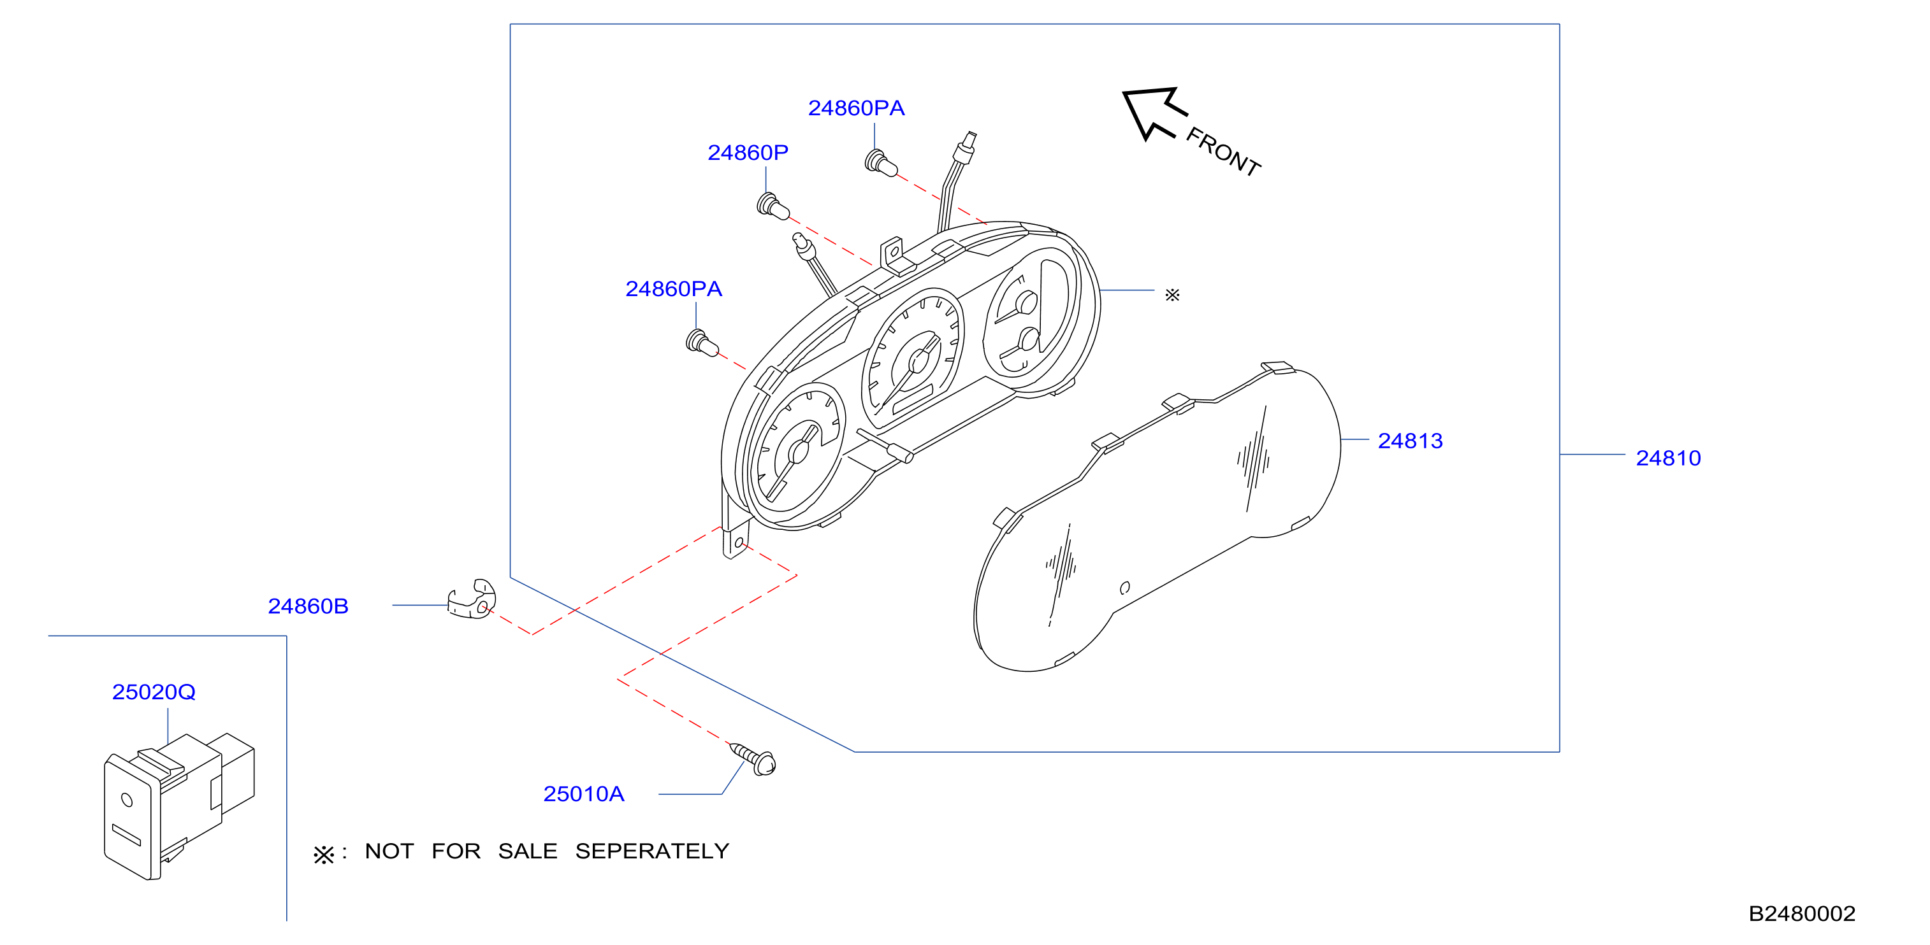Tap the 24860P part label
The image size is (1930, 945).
tap(748, 153)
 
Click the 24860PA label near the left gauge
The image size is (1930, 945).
tap(674, 289)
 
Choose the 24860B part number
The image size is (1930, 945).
tap(308, 606)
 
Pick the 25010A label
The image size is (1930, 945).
tap(584, 793)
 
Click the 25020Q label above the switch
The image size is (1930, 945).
tap(154, 692)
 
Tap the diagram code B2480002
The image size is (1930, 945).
tap(1802, 914)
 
